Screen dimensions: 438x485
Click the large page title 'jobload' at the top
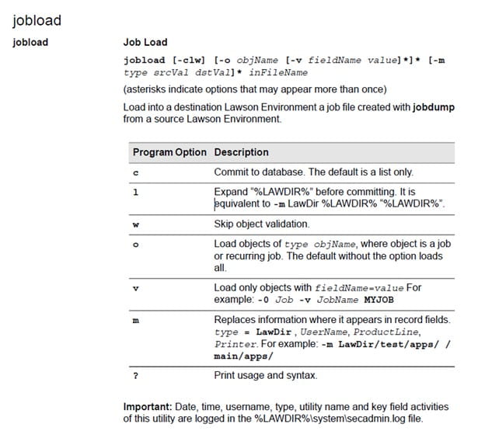37,18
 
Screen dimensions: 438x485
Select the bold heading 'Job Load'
145,43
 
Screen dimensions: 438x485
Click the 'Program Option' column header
169,152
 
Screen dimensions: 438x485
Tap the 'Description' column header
241,152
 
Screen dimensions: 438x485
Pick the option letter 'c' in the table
135,172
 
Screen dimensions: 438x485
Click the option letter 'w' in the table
136,224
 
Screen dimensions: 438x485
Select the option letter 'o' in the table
135,245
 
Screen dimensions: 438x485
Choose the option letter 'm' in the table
136,320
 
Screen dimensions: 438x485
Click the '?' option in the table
135,376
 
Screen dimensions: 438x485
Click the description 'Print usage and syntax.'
265,376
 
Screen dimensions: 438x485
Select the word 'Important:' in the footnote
148,407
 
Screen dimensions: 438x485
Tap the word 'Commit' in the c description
231,172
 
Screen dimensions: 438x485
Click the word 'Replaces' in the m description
236,319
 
